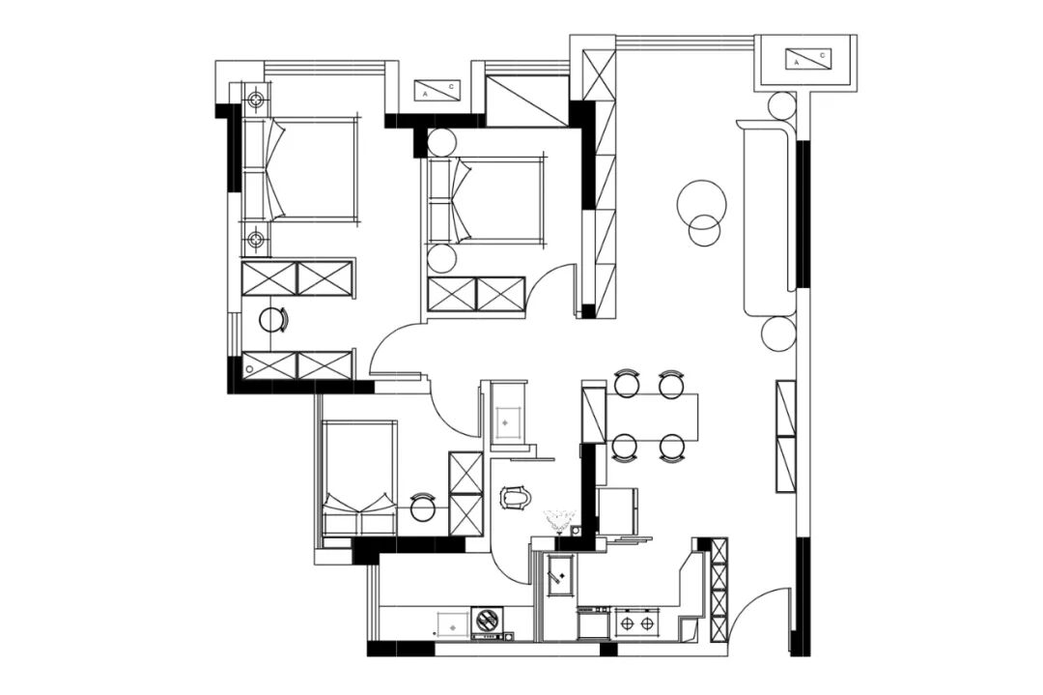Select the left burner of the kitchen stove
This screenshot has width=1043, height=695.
coord(627,623)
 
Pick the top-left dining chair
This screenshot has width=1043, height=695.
coord(627,385)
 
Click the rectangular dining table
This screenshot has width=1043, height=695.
coord(652,417)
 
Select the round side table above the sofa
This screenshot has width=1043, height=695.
coord(781,106)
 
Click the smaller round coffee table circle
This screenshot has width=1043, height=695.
coord(704,230)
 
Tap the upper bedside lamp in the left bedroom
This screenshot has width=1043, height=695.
coord(255,101)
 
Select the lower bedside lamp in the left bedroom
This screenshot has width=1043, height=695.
coord(255,239)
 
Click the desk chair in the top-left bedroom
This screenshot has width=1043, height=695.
coord(272,320)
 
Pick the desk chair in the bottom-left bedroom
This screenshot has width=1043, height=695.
coord(422,507)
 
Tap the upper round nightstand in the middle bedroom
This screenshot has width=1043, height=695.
coord(441,143)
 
